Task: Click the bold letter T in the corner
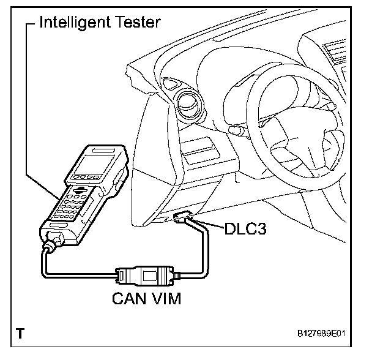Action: [21, 334]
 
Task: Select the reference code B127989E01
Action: [327, 335]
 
